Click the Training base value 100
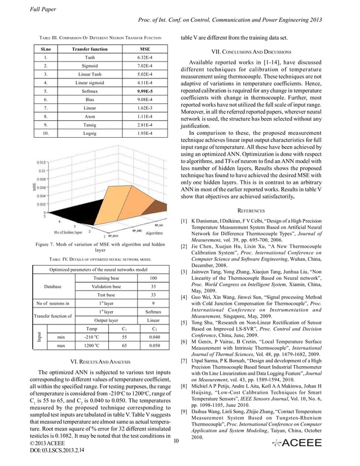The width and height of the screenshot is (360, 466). pos(152,278)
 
